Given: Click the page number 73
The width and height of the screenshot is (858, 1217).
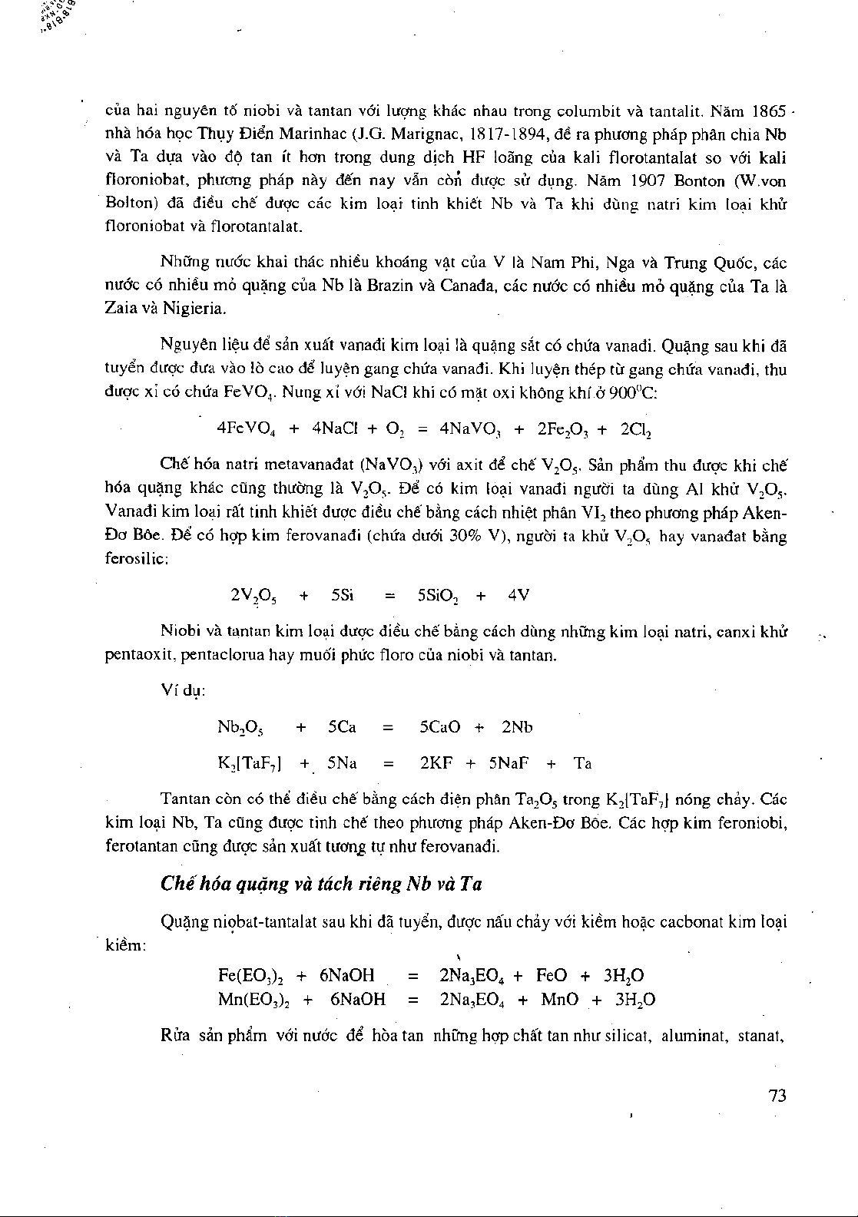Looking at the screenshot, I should pos(777,1096).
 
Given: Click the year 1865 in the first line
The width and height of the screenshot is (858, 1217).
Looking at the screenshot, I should pos(770,111).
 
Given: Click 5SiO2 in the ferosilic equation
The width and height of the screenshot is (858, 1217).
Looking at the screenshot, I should pos(439,596).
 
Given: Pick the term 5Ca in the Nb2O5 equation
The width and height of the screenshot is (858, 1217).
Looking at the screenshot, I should pos(342,727).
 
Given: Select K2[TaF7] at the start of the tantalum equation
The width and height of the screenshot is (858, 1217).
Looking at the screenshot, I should pos(250,764).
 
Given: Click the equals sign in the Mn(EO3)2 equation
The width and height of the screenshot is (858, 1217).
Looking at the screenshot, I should pos(413,1000).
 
